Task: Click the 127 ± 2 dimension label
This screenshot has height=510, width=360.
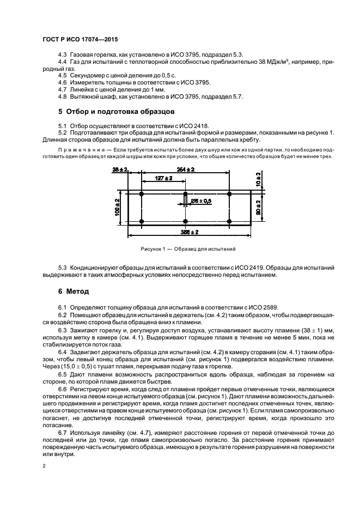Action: [x=163, y=178]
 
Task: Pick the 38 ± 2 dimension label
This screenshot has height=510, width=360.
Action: [x=119, y=170]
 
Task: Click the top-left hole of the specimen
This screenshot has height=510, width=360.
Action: [x=142, y=194]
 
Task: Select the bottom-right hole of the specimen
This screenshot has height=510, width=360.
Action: [x=229, y=221]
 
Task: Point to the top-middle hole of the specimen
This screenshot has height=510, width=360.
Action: [x=185, y=194]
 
